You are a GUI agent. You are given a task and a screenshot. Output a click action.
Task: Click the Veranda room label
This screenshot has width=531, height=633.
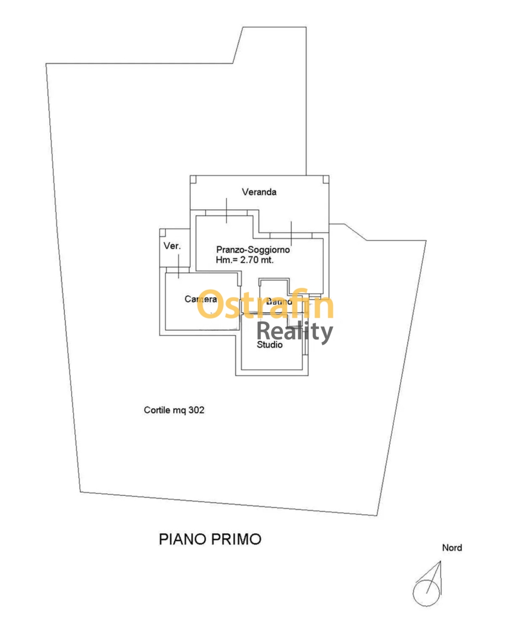(x=259, y=192)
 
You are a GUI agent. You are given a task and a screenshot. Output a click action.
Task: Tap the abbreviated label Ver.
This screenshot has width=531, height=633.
(x=172, y=246)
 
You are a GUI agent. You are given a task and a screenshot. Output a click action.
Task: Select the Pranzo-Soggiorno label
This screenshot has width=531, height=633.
(x=253, y=250)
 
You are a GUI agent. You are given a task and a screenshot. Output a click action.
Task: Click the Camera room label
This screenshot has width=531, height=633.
(x=201, y=300)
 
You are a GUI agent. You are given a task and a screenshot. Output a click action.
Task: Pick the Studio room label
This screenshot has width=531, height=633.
(x=270, y=344)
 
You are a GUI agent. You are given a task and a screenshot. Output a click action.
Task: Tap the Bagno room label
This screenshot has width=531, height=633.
(x=280, y=302)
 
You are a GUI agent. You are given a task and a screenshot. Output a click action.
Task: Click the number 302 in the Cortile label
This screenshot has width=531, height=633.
(x=196, y=410)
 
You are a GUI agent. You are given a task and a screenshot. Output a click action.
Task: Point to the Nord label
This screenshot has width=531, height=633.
(x=452, y=548)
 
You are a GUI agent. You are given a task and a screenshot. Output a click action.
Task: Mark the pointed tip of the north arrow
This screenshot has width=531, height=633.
(x=440, y=562)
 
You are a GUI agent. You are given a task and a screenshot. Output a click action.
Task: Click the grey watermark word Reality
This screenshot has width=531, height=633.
(x=295, y=331)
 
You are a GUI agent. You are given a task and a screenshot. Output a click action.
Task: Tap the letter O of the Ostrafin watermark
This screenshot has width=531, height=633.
(x=211, y=305)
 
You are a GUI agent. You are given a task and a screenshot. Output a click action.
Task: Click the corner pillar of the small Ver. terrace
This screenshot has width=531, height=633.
(x=163, y=232)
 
